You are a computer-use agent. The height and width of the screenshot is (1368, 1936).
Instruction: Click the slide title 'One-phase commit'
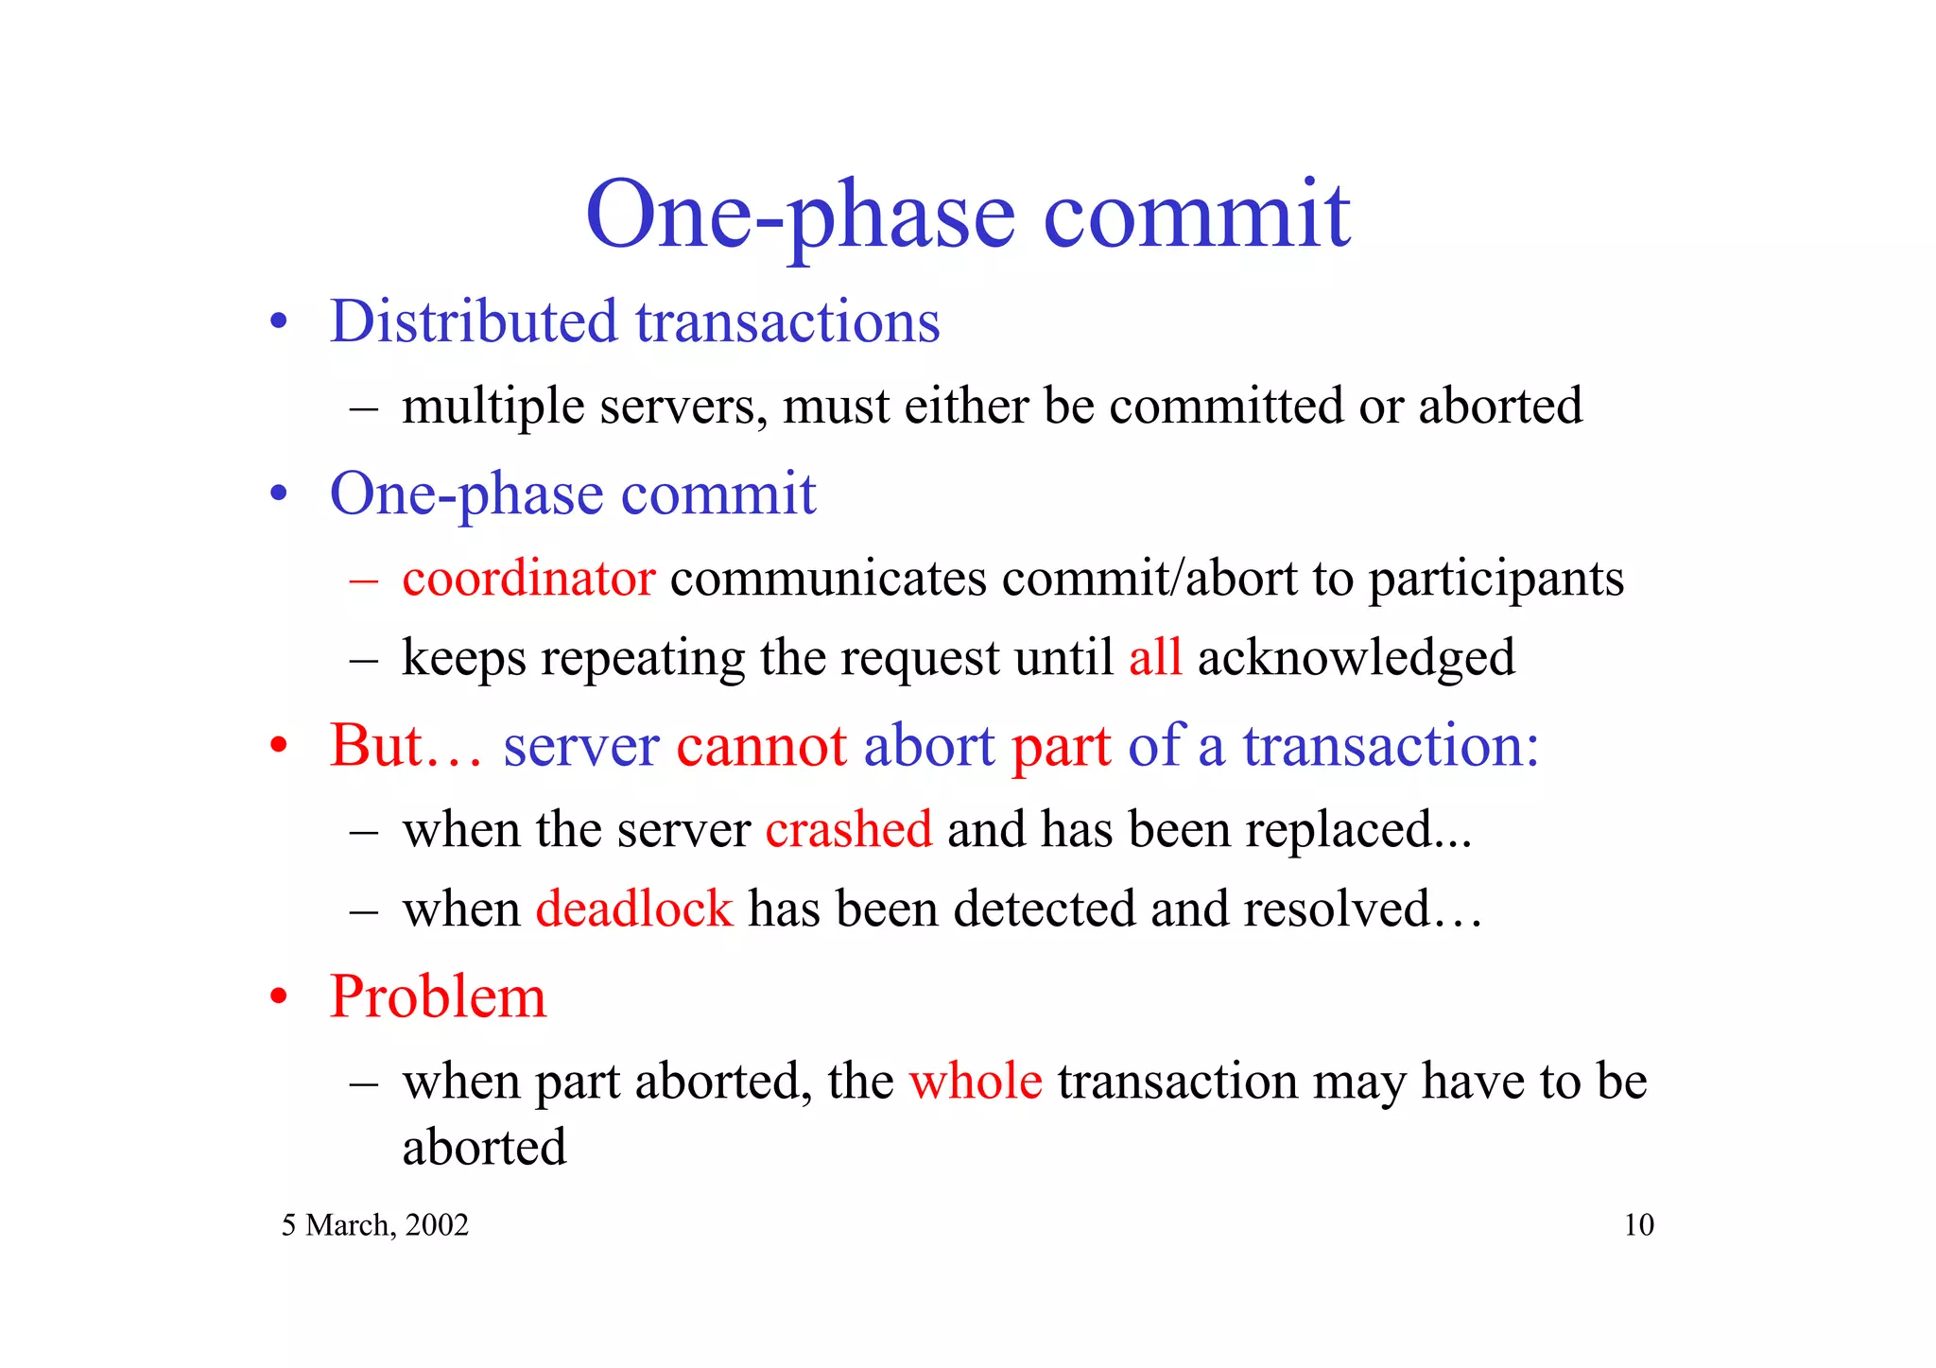pos(967,216)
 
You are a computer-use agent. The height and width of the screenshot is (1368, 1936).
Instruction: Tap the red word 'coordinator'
pos(528,579)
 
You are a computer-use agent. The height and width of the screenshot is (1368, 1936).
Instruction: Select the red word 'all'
pos(1154,657)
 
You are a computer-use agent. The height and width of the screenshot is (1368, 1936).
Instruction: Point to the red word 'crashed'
pos(848,829)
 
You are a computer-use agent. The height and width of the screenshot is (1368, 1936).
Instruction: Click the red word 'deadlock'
pos(633,909)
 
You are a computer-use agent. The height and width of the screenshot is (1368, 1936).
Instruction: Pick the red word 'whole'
pos(976,1081)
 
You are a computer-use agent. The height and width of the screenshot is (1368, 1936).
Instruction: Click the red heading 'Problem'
pos(438,997)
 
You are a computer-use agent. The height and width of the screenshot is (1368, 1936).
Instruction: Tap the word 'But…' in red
pos(405,745)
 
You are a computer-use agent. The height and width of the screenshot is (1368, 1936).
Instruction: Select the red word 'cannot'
pos(761,745)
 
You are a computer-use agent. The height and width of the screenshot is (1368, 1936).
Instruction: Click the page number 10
pos(1638,1225)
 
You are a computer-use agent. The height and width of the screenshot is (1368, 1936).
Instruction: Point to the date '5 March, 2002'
pos(375,1225)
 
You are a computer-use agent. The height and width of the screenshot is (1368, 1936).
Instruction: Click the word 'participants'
pos(1495,579)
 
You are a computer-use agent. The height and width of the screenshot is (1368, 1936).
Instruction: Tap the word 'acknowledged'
pos(1356,657)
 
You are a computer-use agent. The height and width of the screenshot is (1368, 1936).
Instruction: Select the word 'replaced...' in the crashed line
pos(1357,829)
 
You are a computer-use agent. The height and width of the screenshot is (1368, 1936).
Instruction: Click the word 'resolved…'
pos(1362,909)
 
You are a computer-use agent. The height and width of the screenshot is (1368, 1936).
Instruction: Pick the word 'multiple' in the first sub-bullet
pos(493,407)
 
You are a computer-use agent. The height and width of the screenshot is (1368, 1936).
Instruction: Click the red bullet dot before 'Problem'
pos(278,998)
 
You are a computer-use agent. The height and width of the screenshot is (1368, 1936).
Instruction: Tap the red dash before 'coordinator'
pos(363,580)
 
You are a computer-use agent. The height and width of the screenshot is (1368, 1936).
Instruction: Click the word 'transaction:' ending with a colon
pos(1390,745)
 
